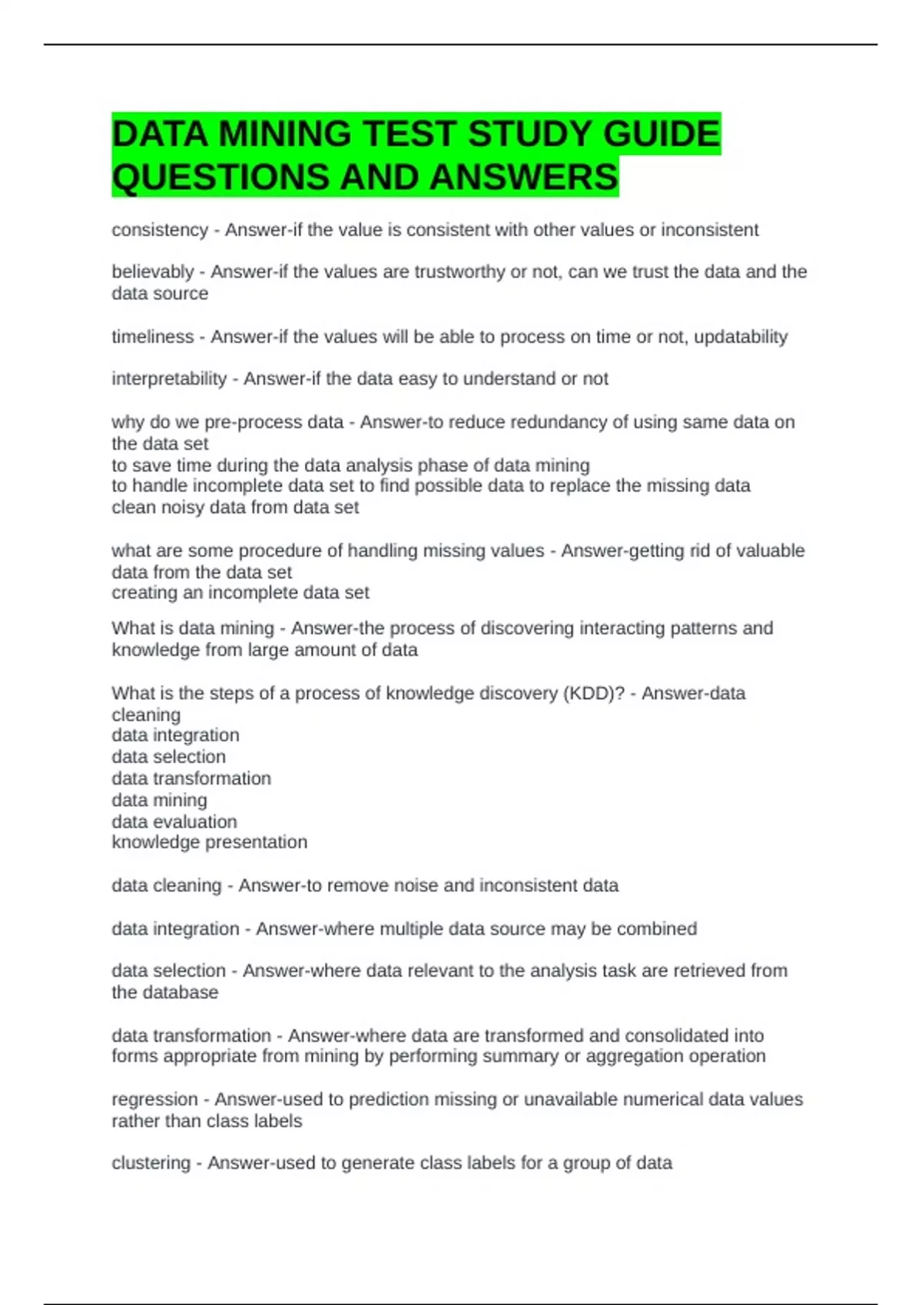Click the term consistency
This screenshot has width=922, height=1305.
pyautogui.click(x=160, y=230)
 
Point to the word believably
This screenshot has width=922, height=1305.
pyautogui.click(x=152, y=272)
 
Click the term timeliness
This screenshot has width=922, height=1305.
pyautogui.click(x=152, y=337)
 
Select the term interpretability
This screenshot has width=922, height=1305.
pyautogui.click(x=169, y=379)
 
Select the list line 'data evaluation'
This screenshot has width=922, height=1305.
pyautogui.click(x=174, y=822)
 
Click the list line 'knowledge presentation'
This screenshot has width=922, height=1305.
pyautogui.click(x=209, y=843)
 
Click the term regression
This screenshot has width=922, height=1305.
pyautogui.click(x=154, y=1100)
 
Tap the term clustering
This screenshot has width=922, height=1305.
pyautogui.click(x=151, y=1164)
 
